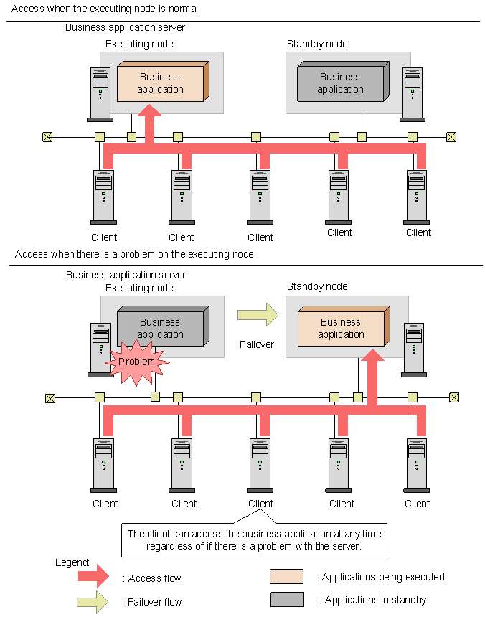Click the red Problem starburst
click(x=136, y=362)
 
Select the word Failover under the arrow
click(x=257, y=344)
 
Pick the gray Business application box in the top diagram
click(x=342, y=83)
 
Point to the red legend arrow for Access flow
click(x=91, y=576)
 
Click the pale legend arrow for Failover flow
click(x=91, y=601)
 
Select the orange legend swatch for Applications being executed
click(x=287, y=577)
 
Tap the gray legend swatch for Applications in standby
click(x=287, y=599)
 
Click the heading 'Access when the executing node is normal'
click(x=105, y=9)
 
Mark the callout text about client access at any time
click(x=254, y=540)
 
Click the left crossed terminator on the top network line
click(x=47, y=137)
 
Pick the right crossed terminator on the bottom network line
click(x=453, y=397)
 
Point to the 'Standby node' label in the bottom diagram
click(x=317, y=287)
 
